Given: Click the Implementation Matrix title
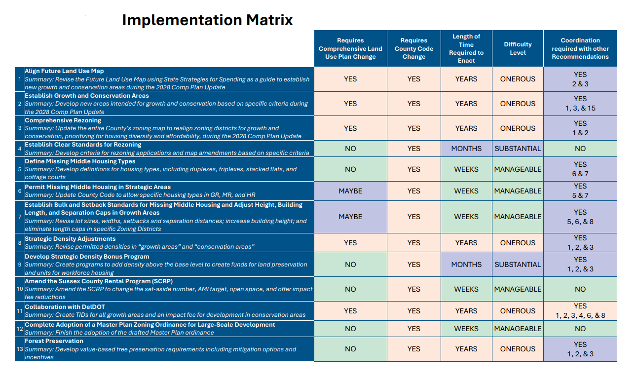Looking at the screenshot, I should coord(207,20).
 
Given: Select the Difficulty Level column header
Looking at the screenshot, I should coord(518,48).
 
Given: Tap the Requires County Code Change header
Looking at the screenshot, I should coord(413,48).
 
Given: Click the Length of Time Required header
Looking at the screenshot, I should coord(466,48).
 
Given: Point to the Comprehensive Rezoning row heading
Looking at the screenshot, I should coord(63,120).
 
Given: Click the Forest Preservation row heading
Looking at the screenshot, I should coord(54,341).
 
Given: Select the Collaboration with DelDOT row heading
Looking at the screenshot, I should coord(65,307).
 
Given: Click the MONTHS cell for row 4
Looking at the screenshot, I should coord(466,149).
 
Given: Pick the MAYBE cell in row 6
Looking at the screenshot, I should coord(350,191).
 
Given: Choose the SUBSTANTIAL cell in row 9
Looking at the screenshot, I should coord(518,265).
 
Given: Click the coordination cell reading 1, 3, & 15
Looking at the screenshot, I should coord(580,104).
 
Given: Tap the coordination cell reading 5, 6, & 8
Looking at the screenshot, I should coord(580,217).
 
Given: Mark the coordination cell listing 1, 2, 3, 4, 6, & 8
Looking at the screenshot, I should coord(580,311).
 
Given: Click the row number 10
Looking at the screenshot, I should coord(20,289).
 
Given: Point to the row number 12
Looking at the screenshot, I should coord(20,329).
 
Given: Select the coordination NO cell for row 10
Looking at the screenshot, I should coord(580,289).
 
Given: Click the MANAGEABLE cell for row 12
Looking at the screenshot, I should coord(518,329).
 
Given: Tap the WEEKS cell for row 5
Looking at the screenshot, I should coord(466,169).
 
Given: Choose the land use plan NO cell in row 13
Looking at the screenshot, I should coord(350,349).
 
